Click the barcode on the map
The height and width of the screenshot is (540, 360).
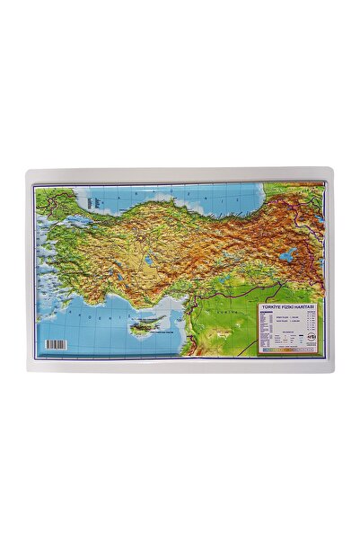point(57,343)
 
